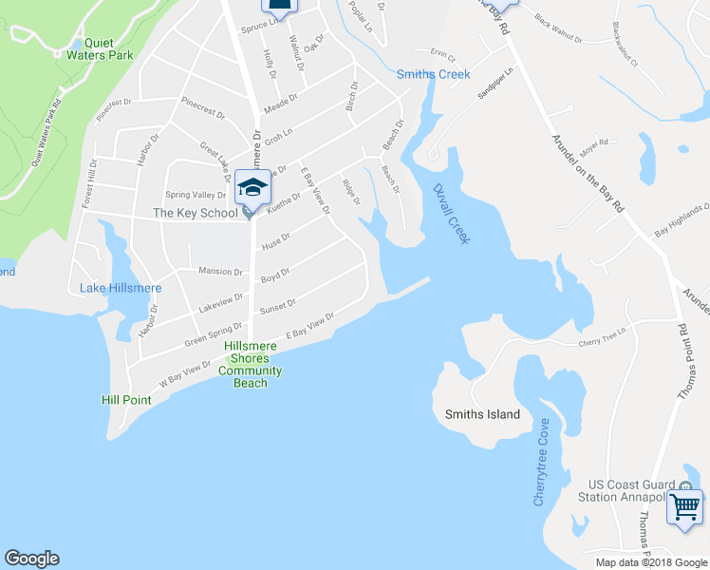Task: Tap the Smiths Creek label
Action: (433, 74)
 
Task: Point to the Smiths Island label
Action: (482, 414)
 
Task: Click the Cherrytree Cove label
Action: (539, 462)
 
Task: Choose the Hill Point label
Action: (126, 400)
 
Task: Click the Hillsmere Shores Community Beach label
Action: (251, 364)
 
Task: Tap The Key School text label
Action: (196, 214)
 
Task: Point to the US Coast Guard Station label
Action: (624, 490)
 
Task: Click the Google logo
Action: (31, 559)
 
